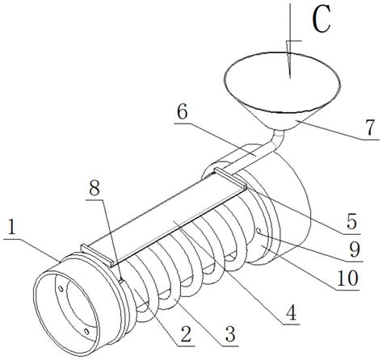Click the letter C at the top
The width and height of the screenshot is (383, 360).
pyautogui.click(x=322, y=19)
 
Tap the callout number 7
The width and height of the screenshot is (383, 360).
pyautogui.click(x=370, y=128)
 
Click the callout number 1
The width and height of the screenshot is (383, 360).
pyautogui.click(x=11, y=228)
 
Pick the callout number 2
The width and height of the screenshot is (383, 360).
pyautogui.click(x=186, y=333)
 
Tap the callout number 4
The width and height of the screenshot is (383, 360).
pyautogui.click(x=291, y=312)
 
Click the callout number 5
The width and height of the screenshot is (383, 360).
pyautogui.click(x=351, y=221)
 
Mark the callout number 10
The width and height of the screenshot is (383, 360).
pyautogui.click(x=347, y=278)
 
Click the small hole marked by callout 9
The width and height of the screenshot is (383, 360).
pyautogui.click(x=259, y=231)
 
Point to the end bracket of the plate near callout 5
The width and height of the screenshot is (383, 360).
pyautogui.click(x=230, y=178)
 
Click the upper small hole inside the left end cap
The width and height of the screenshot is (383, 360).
pyautogui.click(x=61, y=289)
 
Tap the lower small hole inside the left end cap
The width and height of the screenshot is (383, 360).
pyautogui.click(x=86, y=332)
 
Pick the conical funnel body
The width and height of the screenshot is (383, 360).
pyautogui.click(x=282, y=90)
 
